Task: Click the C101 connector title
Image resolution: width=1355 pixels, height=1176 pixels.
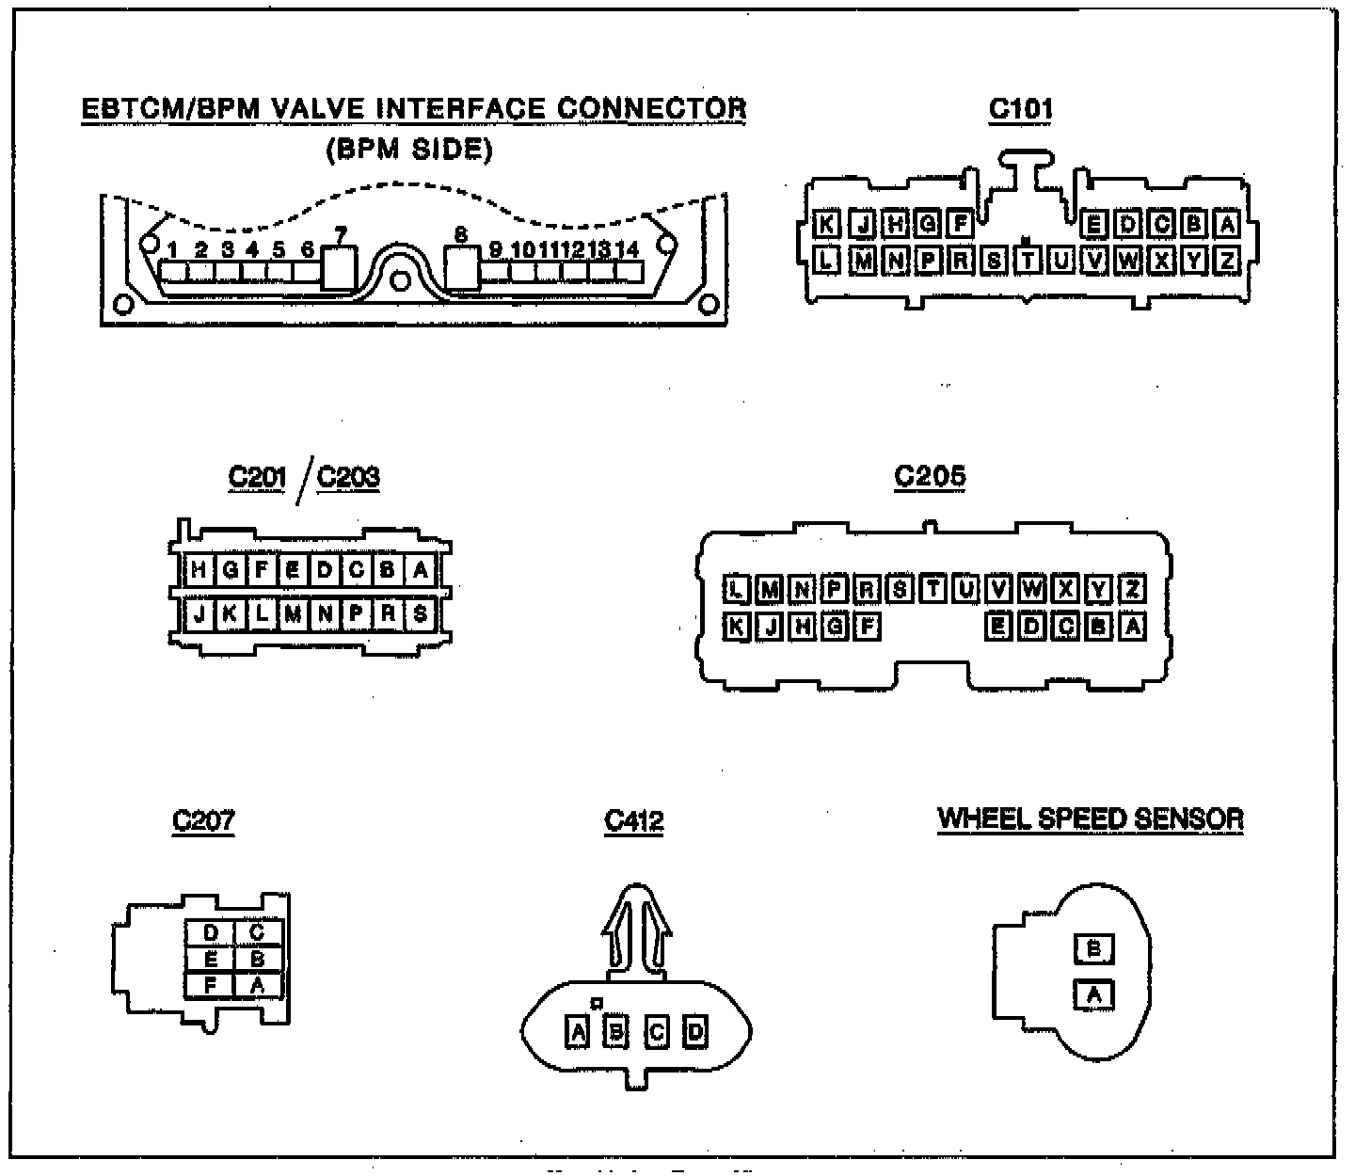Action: click(x=1021, y=109)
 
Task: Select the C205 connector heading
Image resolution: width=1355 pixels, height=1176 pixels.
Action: click(x=930, y=476)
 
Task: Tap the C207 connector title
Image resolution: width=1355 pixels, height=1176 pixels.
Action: click(x=203, y=820)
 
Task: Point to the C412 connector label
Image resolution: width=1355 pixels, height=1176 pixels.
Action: click(x=634, y=820)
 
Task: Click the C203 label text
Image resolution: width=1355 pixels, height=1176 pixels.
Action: click(x=348, y=477)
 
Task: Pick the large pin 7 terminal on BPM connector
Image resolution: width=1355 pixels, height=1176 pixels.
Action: click(x=340, y=267)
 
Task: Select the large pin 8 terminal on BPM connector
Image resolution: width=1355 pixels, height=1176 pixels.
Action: click(x=461, y=267)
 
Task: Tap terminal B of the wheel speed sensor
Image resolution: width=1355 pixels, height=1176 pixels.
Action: click(x=1093, y=949)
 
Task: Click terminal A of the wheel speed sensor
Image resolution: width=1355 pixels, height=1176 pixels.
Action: click(x=1093, y=994)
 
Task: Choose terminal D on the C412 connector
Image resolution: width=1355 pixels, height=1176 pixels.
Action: click(x=695, y=1032)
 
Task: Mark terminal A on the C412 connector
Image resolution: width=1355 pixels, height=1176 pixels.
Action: click(x=578, y=1032)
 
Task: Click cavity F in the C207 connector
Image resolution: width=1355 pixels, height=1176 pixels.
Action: click(x=211, y=984)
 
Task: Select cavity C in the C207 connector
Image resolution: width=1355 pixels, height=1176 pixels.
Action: click(x=257, y=933)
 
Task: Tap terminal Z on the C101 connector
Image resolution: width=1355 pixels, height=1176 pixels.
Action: click(x=1226, y=260)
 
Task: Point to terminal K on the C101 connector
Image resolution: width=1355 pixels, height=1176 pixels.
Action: click(x=825, y=225)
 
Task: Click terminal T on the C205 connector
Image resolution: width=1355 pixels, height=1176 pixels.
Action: click(x=933, y=590)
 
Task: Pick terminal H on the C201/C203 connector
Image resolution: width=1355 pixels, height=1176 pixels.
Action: click(x=199, y=570)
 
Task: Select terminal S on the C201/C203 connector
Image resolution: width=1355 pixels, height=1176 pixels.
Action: click(x=420, y=614)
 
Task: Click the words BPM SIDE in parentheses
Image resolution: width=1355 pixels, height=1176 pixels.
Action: click(x=409, y=151)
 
